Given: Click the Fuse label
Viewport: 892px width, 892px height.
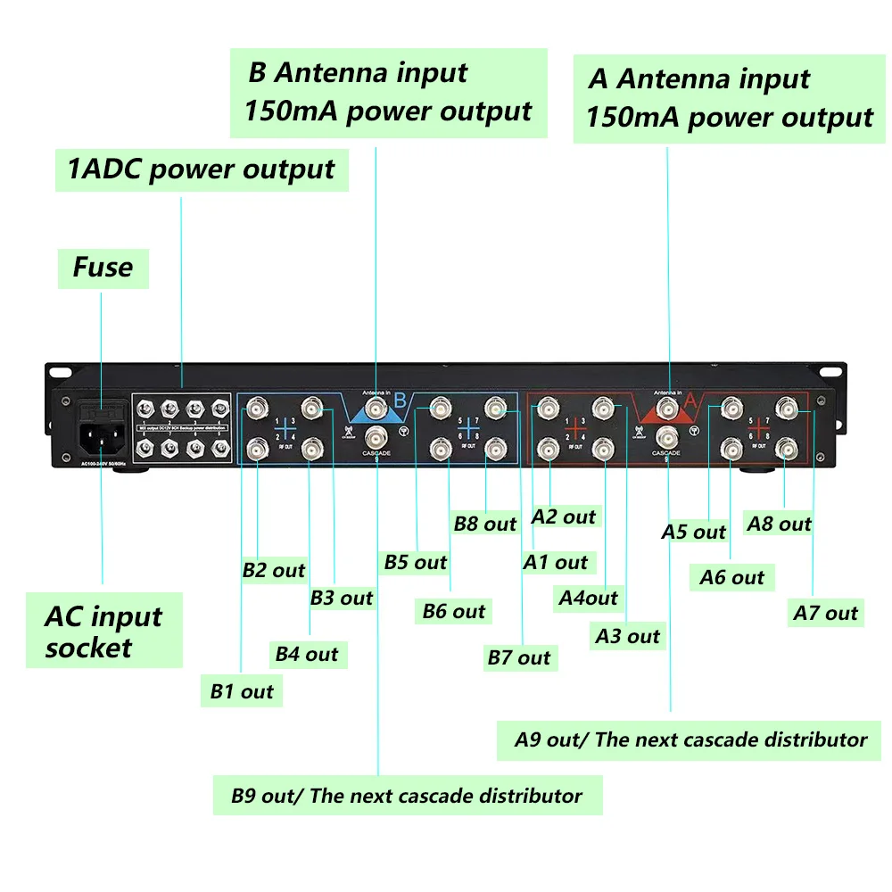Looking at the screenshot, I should pyautogui.click(x=103, y=268).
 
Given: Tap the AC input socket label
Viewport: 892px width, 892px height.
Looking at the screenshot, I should pyautogui.click(x=103, y=632).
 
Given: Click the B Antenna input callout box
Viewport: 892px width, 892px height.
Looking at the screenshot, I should pyautogui.click(x=388, y=93).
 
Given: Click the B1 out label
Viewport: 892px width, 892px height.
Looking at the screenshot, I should pyautogui.click(x=242, y=691).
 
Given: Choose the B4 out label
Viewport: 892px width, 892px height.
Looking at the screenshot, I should pyautogui.click(x=307, y=654).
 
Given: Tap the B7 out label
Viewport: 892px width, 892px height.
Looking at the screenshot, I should pyautogui.click(x=519, y=658).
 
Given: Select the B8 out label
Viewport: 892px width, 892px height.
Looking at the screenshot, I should pyautogui.click(x=485, y=524).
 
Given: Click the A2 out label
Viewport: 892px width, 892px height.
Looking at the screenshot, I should pyautogui.click(x=564, y=516).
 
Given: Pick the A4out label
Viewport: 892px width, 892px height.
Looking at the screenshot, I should pyautogui.click(x=588, y=598).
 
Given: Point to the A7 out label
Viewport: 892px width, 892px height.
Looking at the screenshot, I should pyautogui.click(x=826, y=613).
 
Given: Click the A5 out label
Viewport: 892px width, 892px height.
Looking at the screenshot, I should pyautogui.click(x=694, y=532).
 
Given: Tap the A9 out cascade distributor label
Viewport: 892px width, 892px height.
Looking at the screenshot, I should pyautogui.click(x=690, y=739).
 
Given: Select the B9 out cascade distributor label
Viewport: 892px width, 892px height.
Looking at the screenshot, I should pyautogui.click(x=407, y=796).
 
